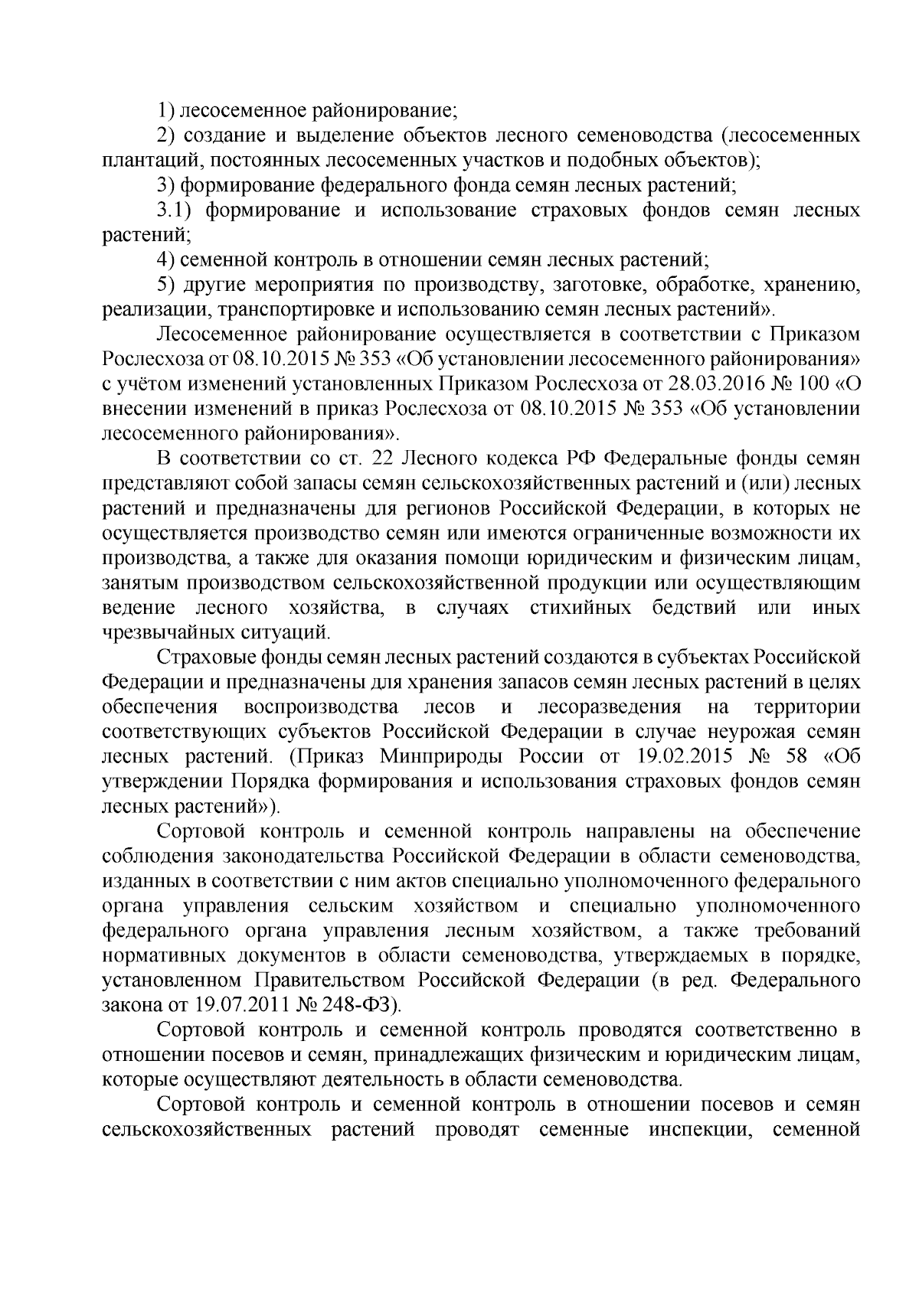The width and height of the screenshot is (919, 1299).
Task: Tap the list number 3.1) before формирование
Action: click(175, 211)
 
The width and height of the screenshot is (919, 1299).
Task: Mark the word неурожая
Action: click(731, 732)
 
